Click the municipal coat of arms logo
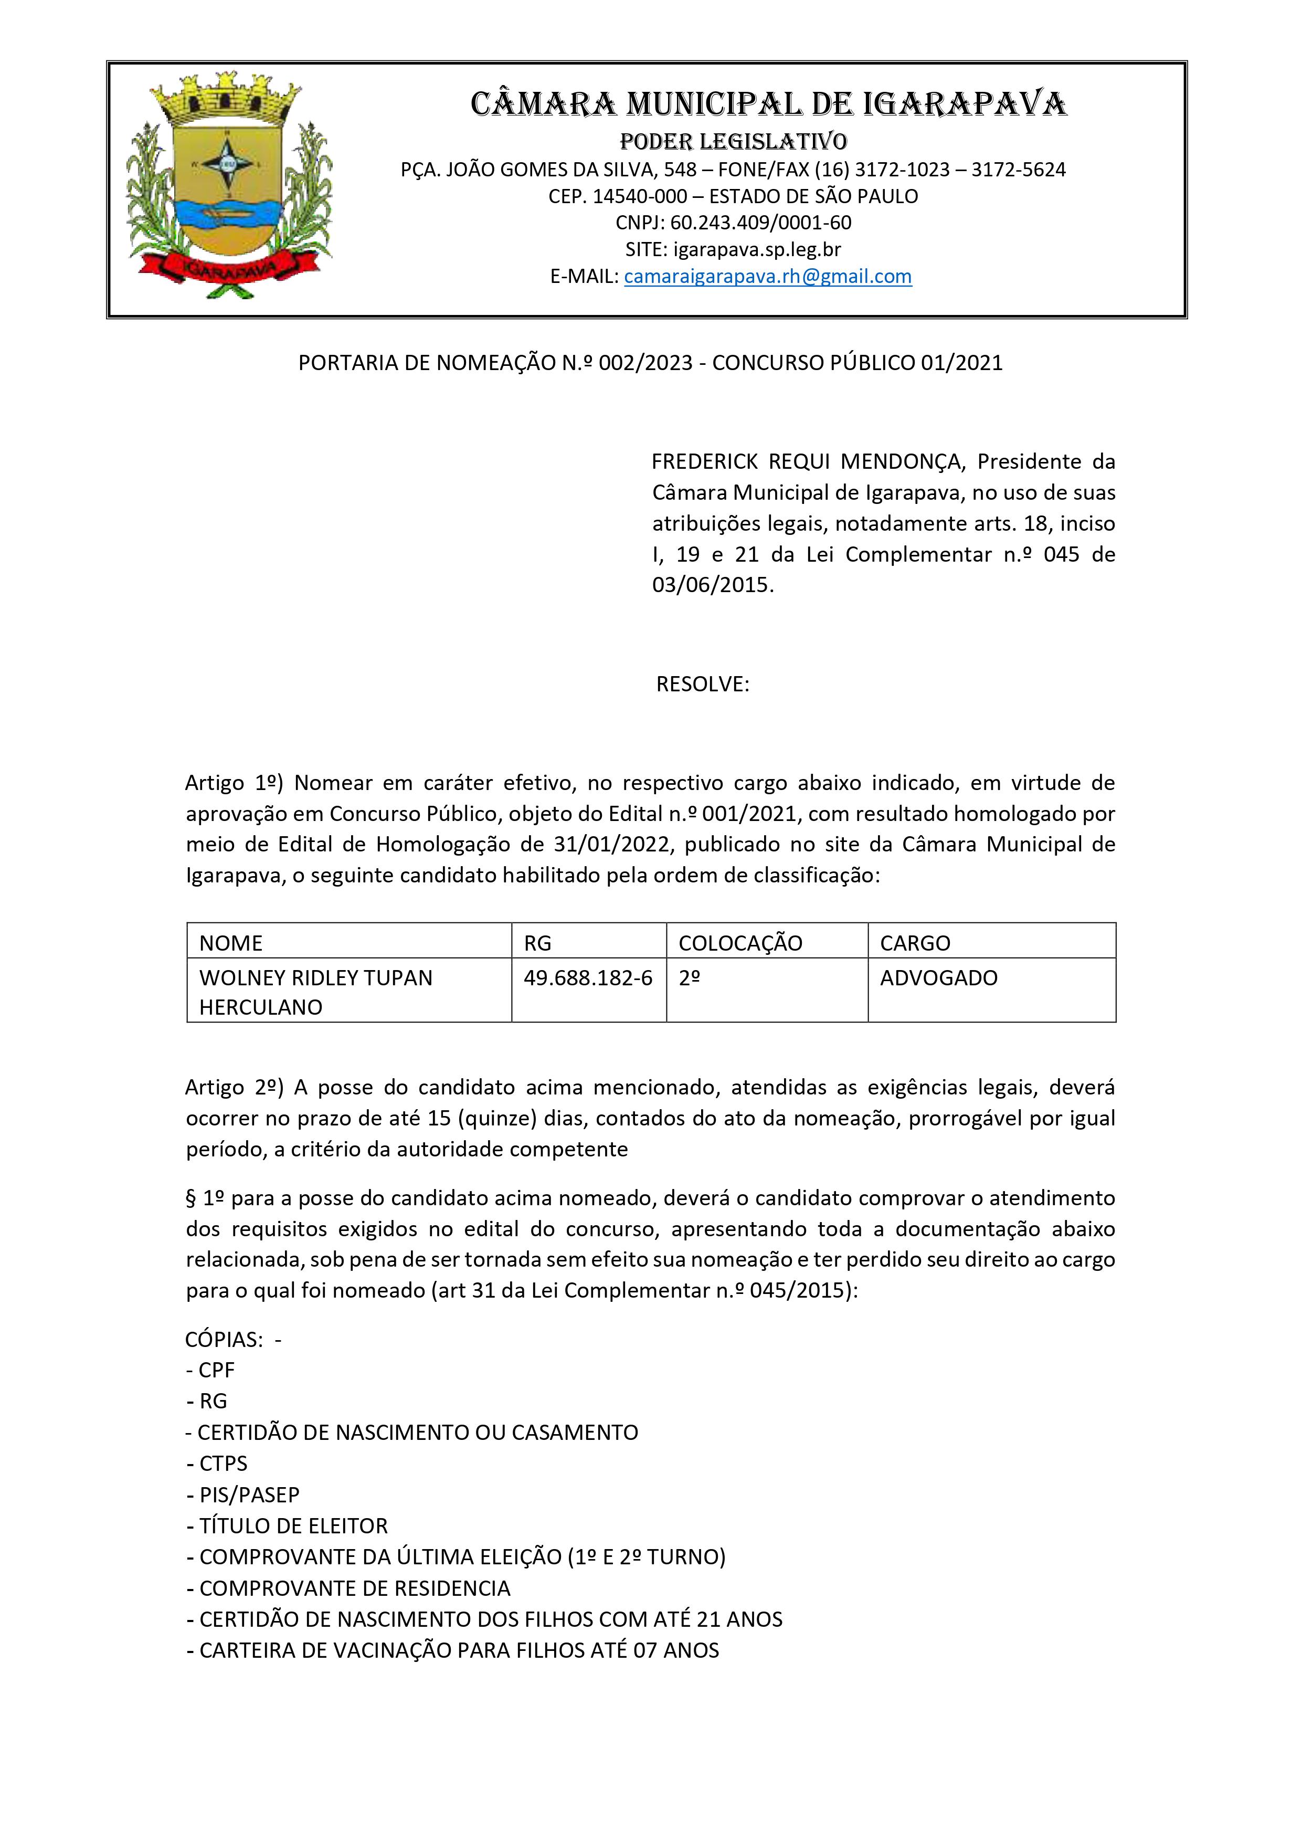point(229,186)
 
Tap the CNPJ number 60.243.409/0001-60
point(760,223)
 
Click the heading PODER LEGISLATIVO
point(733,142)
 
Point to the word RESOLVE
point(702,685)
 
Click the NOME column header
point(231,943)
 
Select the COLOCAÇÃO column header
point(739,943)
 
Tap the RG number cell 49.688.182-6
point(588,978)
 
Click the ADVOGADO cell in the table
point(939,978)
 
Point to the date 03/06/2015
point(712,585)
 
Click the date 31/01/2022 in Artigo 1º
point(610,844)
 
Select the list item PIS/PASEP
point(249,1496)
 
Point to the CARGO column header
point(915,943)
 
